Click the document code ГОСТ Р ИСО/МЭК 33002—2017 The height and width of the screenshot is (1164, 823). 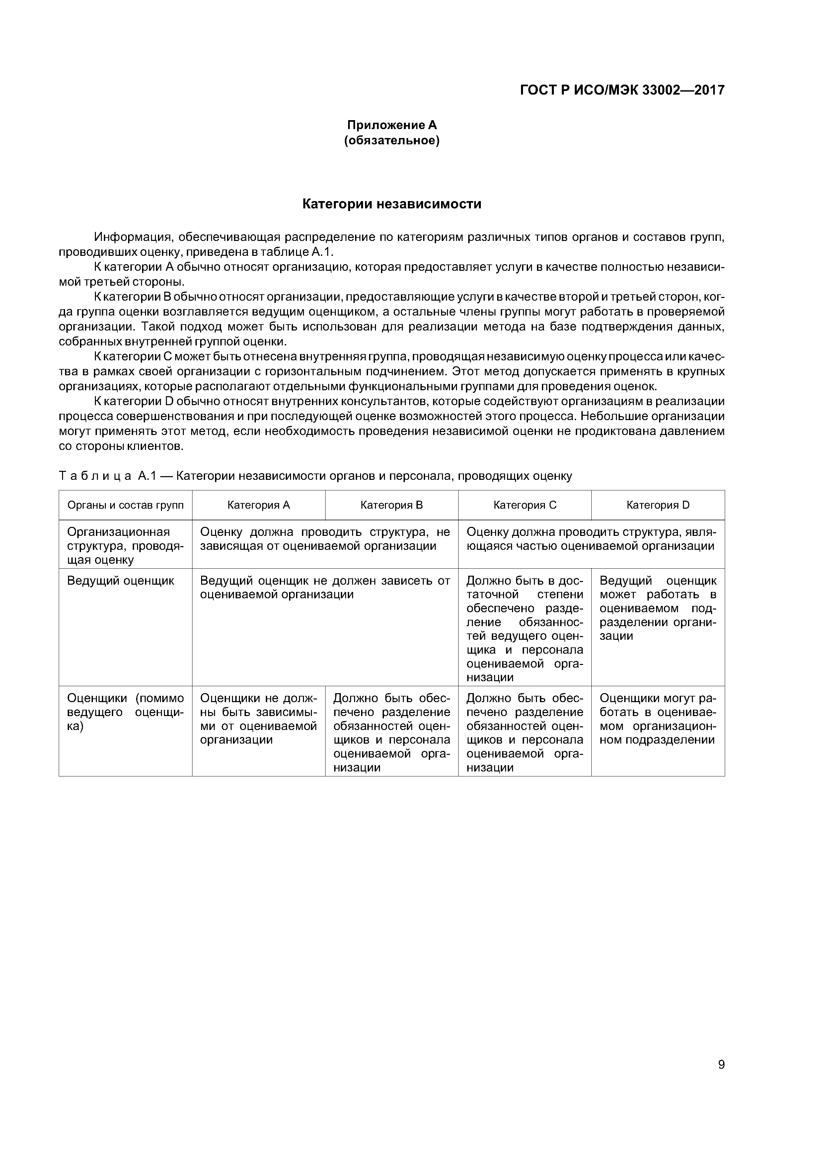coord(622,90)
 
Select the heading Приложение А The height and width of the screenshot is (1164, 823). coord(392,125)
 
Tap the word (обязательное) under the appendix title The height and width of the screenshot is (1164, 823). coord(392,140)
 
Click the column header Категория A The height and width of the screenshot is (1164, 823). coord(259,505)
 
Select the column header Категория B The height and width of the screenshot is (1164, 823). coord(392,505)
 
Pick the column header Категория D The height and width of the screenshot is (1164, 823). coord(658,505)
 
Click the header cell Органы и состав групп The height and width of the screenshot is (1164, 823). coord(125,505)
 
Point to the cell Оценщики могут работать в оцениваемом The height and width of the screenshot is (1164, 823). coord(658,719)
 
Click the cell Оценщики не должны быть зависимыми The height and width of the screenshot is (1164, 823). coord(259,719)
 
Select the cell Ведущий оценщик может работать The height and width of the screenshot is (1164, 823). coord(658,608)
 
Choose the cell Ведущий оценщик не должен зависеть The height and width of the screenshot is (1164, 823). coord(325,588)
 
